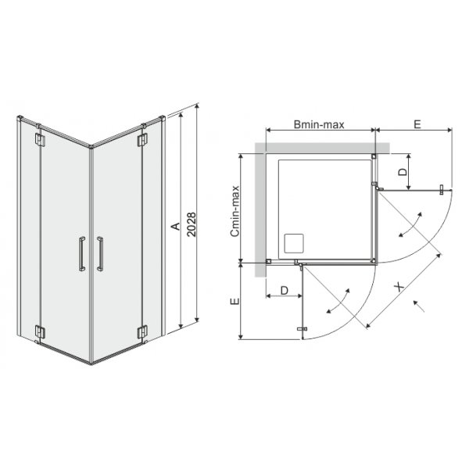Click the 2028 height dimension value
pos(192,224)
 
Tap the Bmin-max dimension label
pos(319,124)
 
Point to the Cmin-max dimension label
pos(235,211)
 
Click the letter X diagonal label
pos(399,288)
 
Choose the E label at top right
pos(417,124)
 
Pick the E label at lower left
pos(235,301)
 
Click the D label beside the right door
pos(403,171)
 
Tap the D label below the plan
pos(285,290)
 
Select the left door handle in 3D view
pos(82,254)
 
